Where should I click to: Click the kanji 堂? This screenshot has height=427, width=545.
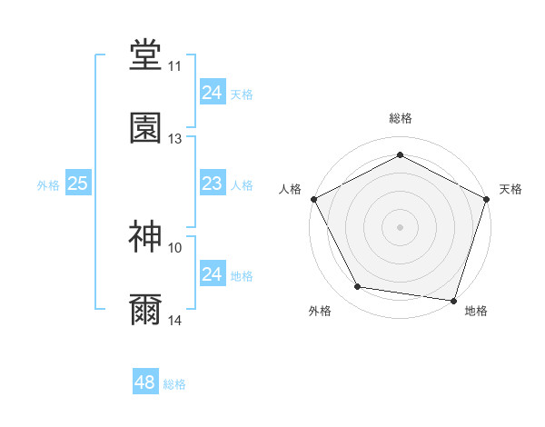click(x=145, y=55)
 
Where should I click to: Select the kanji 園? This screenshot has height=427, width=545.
click(x=145, y=128)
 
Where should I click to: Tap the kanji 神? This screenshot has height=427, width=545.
click(x=145, y=237)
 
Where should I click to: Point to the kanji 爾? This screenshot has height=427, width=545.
click(x=145, y=310)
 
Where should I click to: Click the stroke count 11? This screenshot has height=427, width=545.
click(x=175, y=66)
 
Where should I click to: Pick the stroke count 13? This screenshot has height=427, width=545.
click(x=175, y=139)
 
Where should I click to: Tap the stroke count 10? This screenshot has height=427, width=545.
click(x=175, y=247)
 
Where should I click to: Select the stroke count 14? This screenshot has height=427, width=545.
click(x=175, y=320)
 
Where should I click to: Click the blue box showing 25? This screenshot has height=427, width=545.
click(x=78, y=184)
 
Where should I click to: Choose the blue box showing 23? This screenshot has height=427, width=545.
click(x=212, y=184)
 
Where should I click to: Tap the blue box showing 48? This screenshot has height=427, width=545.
click(x=145, y=382)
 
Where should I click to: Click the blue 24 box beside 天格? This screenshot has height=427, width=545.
click(x=212, y=93)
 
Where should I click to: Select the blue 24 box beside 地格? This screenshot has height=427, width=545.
click(x=212, y=274)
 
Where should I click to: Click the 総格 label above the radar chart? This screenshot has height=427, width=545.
click(x=401, y=118)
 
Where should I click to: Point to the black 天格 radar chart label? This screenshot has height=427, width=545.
click(x=511, y=189)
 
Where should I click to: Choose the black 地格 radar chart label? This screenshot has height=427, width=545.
click(x=476, y=311)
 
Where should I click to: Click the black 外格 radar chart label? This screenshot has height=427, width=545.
click(x=320, y=311)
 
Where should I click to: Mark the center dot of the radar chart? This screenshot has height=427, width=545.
click(x=401, y=226)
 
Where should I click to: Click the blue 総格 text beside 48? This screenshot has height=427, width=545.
click(x=174, y=384)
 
